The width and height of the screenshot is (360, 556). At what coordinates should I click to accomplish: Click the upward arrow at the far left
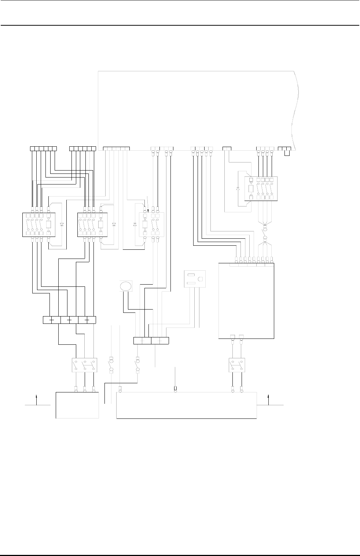36,399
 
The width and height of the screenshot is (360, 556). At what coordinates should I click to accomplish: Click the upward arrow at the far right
269,399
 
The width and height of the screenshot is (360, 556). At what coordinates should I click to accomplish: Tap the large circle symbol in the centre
125,286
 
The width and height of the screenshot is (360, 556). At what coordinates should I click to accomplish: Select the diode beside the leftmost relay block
62,224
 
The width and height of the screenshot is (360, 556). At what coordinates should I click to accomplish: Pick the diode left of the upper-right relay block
238,189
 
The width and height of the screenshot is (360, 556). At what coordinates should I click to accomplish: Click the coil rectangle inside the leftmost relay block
49,224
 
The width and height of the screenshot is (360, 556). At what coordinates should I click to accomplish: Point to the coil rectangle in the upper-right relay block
251,189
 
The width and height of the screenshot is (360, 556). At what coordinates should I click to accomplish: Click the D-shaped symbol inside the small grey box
200,279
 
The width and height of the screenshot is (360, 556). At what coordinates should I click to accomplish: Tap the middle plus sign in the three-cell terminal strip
69,320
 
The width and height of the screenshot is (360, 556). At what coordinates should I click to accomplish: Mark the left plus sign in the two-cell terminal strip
143,341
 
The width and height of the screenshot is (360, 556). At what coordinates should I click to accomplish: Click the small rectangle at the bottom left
77,405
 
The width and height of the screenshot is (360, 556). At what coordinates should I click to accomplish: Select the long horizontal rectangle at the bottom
186,405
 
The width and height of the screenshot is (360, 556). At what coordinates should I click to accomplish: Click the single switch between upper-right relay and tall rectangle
265,232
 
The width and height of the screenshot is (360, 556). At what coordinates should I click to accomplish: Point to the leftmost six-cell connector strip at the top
43,149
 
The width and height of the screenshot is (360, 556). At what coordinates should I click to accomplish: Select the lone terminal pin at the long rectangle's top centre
175,388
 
